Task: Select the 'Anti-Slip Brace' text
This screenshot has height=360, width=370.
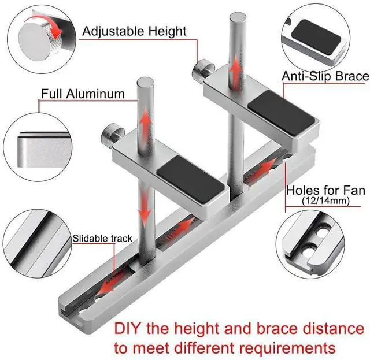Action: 325,76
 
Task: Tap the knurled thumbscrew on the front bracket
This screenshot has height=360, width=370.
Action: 110,137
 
